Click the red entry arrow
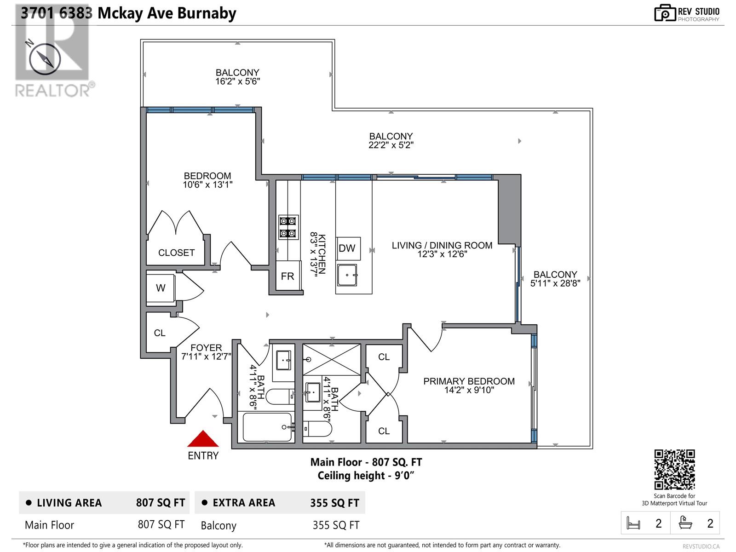202,439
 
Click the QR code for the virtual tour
674,470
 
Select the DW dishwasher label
347,248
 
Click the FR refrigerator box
288,276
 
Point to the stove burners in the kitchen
288,227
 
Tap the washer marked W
161,288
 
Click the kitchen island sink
347,275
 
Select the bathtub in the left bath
267,427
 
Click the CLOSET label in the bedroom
176,253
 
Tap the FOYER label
206,348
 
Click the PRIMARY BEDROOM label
469,381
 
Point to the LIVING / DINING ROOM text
442,246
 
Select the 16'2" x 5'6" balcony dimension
237,81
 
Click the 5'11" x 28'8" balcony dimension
555,283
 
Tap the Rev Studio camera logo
665,13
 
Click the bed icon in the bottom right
633,523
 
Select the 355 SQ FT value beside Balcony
336,525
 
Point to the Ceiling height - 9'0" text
366,476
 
